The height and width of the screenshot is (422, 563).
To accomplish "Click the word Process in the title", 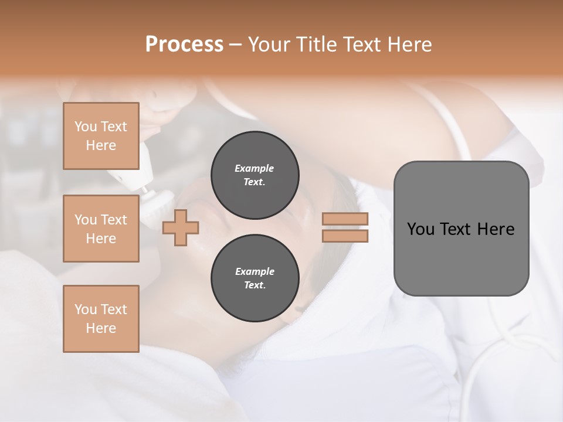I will click(184, 45).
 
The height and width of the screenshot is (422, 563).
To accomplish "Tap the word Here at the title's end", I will click(408, 45).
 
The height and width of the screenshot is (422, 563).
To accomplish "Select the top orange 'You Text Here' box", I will click(101, 136).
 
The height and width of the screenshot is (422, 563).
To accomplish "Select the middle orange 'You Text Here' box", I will click(101, 229).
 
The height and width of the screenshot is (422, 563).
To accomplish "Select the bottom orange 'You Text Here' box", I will click(101, 318).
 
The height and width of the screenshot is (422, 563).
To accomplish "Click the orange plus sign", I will click(181, 227).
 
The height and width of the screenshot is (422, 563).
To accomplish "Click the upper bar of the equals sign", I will click(345, 219).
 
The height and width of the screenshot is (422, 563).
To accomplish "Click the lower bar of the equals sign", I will click(345, 236).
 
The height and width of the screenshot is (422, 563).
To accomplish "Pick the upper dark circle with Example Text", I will click(255, 175).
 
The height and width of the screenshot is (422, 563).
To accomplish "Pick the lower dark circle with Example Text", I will click(255, 278).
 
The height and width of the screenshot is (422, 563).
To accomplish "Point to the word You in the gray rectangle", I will click(420, 229).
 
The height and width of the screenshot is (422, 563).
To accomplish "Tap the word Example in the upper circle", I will click(255, 168).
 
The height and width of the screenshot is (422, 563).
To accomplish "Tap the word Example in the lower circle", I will click(255, 271).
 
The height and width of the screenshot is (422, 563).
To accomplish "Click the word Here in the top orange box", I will click(101, 145).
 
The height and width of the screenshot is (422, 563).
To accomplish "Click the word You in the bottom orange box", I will click(86, 309).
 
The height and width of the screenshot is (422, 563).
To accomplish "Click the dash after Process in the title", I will click(236, 45).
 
